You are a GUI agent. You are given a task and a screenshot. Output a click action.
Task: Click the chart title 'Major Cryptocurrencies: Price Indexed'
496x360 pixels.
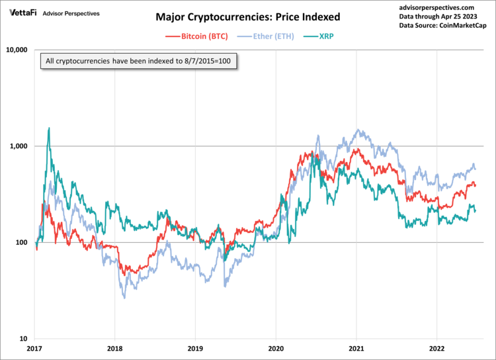coord(248,16)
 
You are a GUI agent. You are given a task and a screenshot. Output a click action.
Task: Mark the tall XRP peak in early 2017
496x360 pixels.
coord(49,129)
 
